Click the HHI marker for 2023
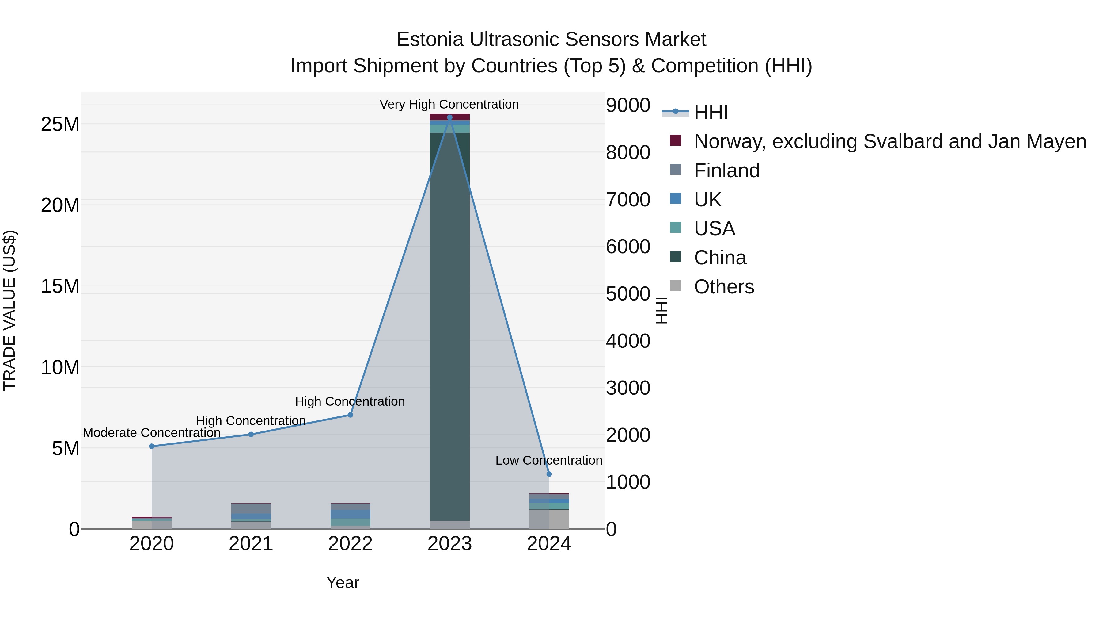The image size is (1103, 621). (x=449, y=117)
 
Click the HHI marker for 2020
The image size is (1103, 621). (x=152, y=446)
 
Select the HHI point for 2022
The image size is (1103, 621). (x=350, y=415)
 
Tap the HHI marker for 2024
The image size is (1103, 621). (x=549, y=474)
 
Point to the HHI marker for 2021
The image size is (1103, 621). (x=251, y=435)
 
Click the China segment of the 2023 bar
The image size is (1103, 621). (x=449, y=326)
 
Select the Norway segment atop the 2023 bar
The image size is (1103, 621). (x=449, y=117)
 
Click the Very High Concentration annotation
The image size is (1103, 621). (x=449, y=104)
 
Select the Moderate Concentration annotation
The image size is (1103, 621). (x=152, y=433)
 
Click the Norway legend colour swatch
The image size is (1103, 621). (x=675, y=140)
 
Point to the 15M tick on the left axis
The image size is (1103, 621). (x=60, y=286)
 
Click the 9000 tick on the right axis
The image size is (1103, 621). (x=628, y=105)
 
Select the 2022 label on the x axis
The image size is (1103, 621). (x=350, y=544)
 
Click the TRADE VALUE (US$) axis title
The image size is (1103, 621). (x=9, y=310)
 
